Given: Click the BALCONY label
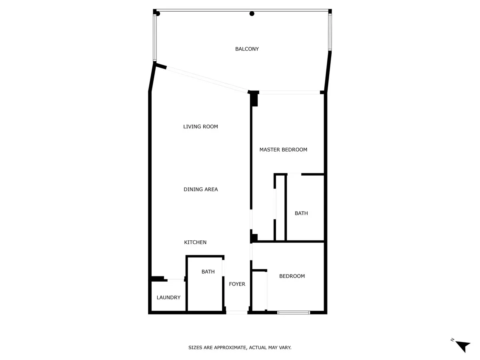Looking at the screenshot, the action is tap(247, 49).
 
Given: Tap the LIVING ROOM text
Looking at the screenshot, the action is tap(200, 126).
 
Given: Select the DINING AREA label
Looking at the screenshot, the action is tap(200, 189).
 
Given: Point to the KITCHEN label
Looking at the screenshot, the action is tap(195, 242).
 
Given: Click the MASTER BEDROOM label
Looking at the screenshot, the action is tap(283, 150).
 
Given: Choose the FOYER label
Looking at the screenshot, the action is tap(237, 284).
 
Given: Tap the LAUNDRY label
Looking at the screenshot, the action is tap(168, 297).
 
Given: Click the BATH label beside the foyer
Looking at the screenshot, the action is tap(208, 272).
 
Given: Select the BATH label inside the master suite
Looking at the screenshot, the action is tap(301, 213).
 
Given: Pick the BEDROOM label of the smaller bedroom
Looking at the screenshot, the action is tap(292, 276).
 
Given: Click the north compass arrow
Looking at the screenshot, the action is tap(463, 346).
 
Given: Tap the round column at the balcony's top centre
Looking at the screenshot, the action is tap(252, 14).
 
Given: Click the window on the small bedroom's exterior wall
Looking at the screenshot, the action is tap(294, 312).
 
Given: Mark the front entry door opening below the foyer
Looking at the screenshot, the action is tap(237, 312).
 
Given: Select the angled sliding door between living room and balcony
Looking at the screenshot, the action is tap(207, 80).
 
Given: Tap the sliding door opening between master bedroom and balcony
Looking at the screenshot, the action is tap(289, 92).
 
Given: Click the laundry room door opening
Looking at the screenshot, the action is tap(176, 279).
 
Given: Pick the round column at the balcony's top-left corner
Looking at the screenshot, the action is tap(158, 14).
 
